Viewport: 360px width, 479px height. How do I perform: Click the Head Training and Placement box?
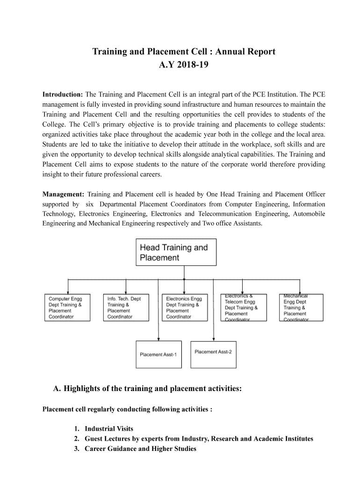click(176, 253)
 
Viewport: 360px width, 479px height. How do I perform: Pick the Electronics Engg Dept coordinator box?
click(185, 307)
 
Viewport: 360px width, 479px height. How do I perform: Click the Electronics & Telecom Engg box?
click(244, 307)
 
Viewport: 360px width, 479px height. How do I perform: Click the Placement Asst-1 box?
click(158, 354)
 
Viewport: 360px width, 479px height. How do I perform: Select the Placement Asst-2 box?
click(213, 351)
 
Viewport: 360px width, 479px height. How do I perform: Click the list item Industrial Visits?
click(109, 428)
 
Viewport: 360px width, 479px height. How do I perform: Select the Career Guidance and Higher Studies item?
click(140, 449)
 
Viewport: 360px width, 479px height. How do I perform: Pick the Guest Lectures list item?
click(199, 439)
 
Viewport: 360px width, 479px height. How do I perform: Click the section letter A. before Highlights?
click(58, 388)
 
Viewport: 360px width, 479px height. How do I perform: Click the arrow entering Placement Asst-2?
click(213, 338)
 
